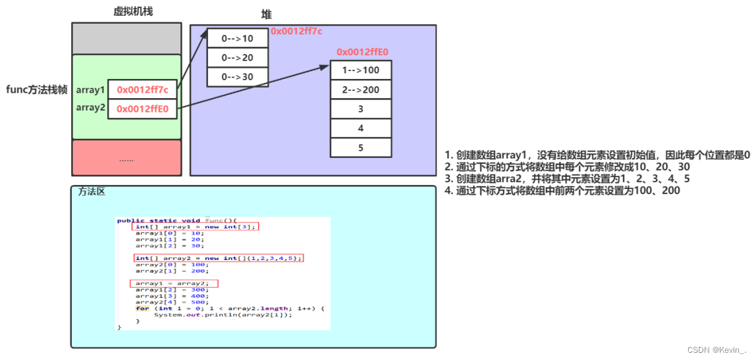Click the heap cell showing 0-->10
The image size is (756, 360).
click(x=238, y=38)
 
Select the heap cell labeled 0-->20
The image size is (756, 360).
click(x=238, y=57)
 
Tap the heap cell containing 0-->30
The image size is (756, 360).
click(x=238, y=76)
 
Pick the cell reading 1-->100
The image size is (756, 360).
click(x=361, y=70)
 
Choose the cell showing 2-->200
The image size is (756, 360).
click(x=361, y=90)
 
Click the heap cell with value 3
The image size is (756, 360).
click(x=361, y=109)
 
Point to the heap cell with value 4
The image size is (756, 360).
click(x=361, y=128)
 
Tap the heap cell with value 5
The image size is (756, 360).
click(x=361, y=147)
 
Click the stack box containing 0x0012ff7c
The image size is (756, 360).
click(x=142, y=90)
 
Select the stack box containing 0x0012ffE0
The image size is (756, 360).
click(x=142, y=109)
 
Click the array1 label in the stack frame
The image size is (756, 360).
click(x=90, y=90)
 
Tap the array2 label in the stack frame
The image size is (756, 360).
click(x=90, y=107)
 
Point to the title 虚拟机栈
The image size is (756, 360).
click(x=133, y=11)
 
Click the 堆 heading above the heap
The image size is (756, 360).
click(x=267, y=14)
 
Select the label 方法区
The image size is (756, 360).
click(x=92, y=192)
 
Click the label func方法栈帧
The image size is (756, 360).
click(x=37, y=90)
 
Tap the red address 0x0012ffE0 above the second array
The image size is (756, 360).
click(x=362, y=51)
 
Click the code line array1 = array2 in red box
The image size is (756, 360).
click(x=174, y=283)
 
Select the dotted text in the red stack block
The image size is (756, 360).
click(x=126, y=159)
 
